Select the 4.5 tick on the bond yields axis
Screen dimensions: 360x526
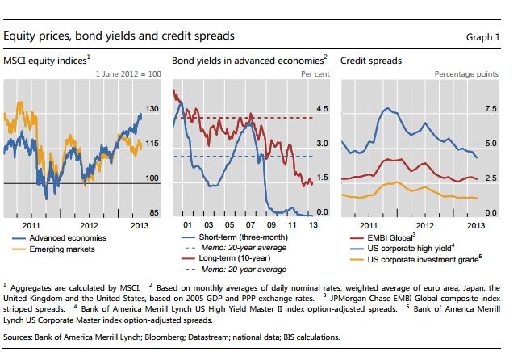pyautogui.click(x=321, y=108)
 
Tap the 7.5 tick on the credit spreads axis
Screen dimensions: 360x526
pyautogui.click(x=490, y=108)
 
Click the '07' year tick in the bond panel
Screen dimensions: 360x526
pyautogui.click(x=250, y=224)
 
